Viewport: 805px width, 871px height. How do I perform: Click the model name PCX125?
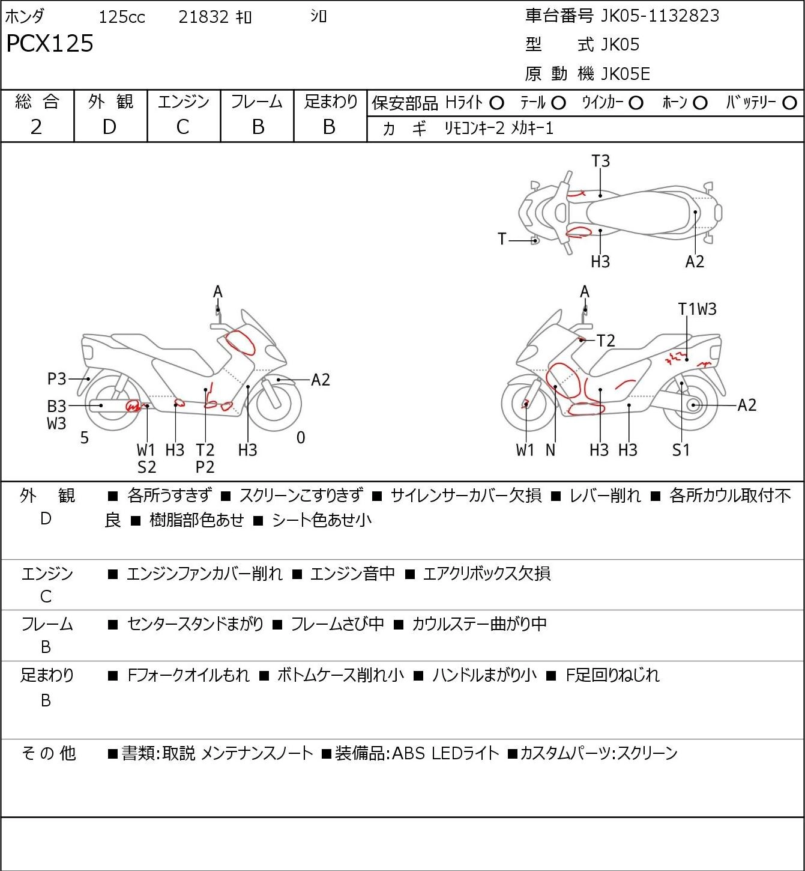point(50,43)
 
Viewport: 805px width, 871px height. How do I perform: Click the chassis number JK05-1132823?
point(660,16)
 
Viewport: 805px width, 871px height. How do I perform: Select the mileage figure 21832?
point(204,17)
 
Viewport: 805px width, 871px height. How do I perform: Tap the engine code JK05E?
point(626,74)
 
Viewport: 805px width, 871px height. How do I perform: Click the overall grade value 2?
point(36,127)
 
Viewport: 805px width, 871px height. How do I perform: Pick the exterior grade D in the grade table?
point(109,127)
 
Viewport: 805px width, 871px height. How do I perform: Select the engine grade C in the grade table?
point(182,127)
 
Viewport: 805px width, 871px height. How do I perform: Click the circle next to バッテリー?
point(789,103)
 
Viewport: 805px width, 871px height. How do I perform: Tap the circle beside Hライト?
point(496,103)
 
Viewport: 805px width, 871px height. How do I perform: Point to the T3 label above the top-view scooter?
point(601,161)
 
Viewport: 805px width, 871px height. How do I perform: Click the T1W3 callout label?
point(697,309)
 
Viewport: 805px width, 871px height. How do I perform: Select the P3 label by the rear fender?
point(56,378)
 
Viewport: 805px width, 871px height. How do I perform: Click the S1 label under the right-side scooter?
point(681,450)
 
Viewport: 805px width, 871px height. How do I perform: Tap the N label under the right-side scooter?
point(550,450)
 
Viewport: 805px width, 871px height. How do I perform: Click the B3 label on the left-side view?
point(56,406)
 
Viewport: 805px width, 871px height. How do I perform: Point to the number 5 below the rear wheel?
point(85,438)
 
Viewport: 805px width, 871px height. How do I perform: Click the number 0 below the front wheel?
point(301,437)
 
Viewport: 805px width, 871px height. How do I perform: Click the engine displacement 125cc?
point(122,17)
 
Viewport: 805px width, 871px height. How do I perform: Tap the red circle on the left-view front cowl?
point(240,342)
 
